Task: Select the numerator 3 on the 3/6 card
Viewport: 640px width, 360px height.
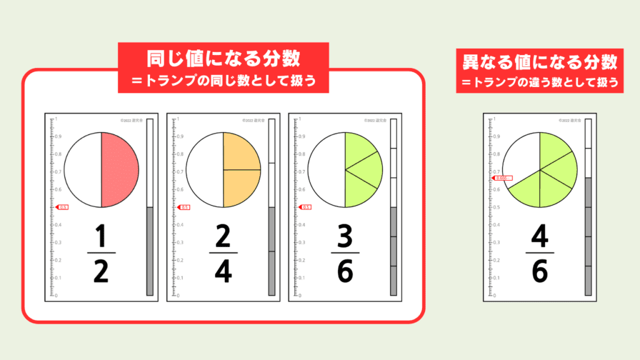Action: (x=345, y=236)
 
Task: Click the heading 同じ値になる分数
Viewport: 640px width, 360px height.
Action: (x=223, y=59)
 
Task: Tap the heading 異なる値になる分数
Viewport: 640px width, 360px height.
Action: (x=539, y=62)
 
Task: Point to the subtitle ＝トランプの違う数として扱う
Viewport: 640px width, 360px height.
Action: (x=539, y=82)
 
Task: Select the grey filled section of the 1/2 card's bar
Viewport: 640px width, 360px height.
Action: (x=150, y=250)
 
